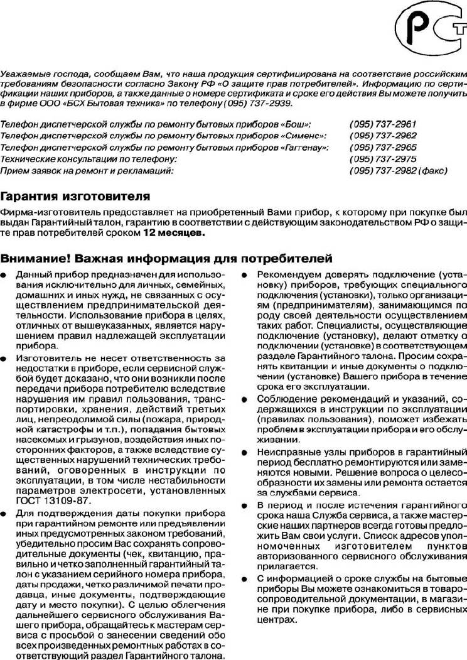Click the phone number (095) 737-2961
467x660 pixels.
point(383,125)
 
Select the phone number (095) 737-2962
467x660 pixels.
point(383,136)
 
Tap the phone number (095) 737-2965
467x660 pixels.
point(383,148)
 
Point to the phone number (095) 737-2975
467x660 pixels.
point(383,159)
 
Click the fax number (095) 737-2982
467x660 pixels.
point(383,170)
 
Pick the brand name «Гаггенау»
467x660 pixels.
point(306,148)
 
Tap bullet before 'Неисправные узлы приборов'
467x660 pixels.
point(244,452)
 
